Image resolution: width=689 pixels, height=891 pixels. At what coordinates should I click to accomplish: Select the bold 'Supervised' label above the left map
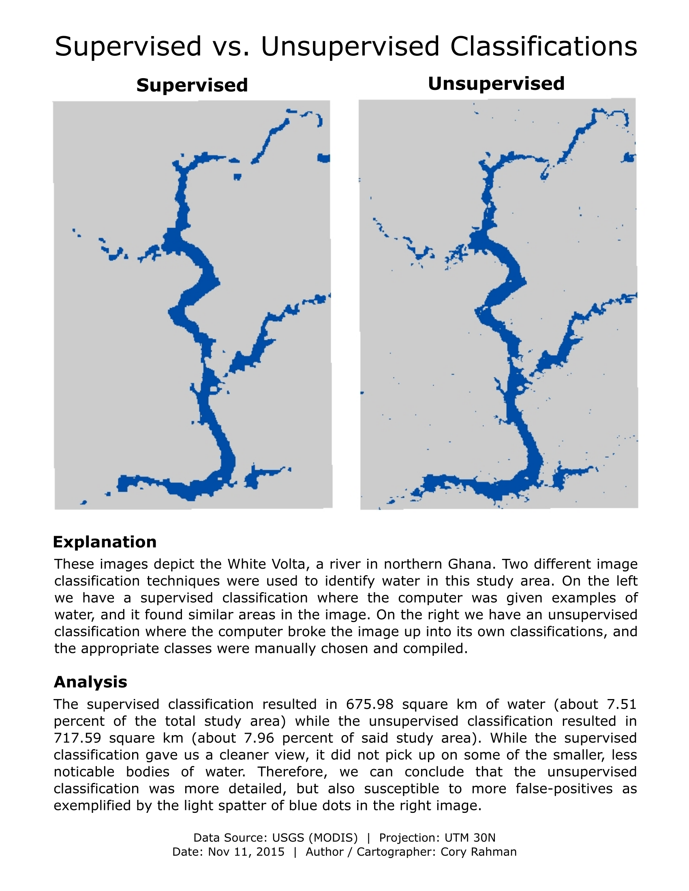click(192, 85)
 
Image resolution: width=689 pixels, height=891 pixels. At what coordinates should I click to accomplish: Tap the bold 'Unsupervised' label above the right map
click(496, 84)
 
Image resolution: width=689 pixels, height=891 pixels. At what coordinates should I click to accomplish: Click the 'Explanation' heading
click(105, 542)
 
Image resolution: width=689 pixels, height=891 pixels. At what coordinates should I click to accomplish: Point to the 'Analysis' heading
click(90, 682)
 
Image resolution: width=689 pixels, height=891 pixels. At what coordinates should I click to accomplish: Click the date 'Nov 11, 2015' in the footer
click(246, 852)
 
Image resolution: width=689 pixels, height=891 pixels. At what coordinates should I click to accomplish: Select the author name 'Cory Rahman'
click(478, 852)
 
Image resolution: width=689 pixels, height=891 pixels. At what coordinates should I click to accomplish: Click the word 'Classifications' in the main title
click(543, 46)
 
